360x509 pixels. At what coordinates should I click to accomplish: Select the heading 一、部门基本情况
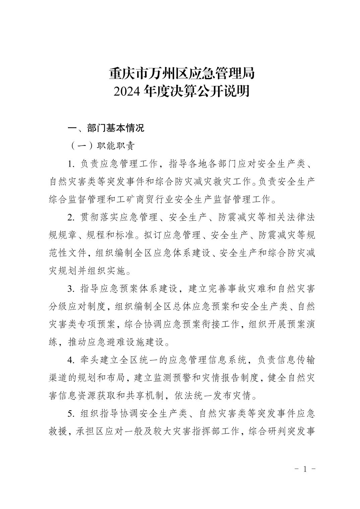pyautogui.click(x=106, y=128)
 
